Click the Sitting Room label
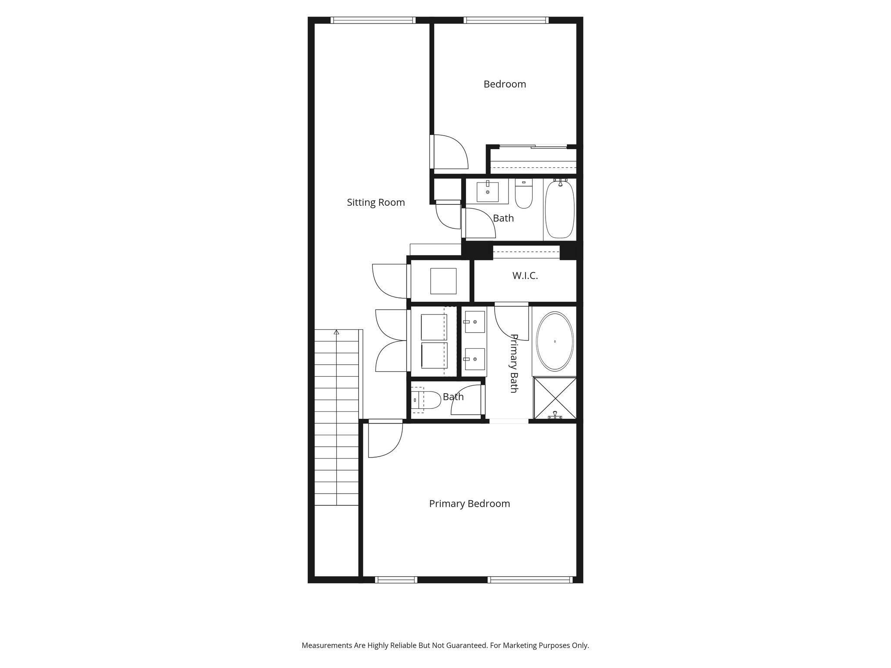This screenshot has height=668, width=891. click(x=375, y=202)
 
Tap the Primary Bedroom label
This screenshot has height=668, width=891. click(x=469, y=504)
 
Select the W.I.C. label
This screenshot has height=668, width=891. click(x=525, y=276)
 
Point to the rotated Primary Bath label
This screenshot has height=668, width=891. click(x=514, y=363)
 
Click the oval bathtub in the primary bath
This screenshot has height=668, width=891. click(x=555, y=341)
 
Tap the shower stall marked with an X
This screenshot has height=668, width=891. click(x=555, y=398)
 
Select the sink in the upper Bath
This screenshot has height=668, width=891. click(x=487, y=192)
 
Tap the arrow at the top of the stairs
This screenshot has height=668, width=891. click(x=336, y=332)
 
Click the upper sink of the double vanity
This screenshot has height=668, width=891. click(x=474, y=322)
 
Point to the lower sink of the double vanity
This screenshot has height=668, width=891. click(x=474, y=359)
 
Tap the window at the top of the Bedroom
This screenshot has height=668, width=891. click(x=506, y=20)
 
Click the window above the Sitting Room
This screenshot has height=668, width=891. click(x=372, y=20)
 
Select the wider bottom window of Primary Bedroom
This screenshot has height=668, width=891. click(x=529, y=579)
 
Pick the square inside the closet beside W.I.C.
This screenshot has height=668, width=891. click(x=443, y=281)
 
